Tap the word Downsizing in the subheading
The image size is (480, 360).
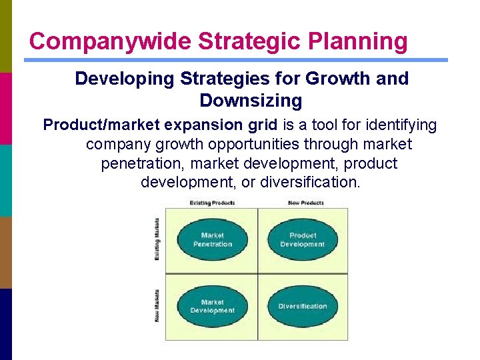click(x=250, y=101)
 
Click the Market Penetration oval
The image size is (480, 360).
click(x=213, y=240)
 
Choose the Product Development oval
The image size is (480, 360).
click(x=303, y=240)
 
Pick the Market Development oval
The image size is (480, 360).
click(x=213, y=307)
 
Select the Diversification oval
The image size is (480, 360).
click(x=303, y=307)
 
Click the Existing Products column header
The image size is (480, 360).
click(x=212, y=203)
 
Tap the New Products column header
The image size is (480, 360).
click(x=305, y=203)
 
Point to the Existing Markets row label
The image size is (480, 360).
click(x=157, y=239)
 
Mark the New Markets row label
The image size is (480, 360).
click(x=157, y=305)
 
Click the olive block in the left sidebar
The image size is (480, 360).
click(x=6, y=36)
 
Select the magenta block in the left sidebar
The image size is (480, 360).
click(x=6, y=108)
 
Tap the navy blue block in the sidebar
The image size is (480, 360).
click(x=6, y=324)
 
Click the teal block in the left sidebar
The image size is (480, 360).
click(x=6, y=180)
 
